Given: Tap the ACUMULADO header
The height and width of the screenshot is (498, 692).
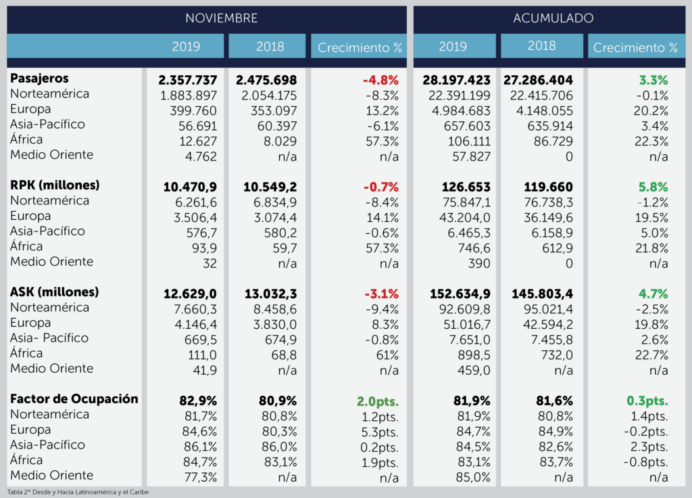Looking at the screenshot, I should [553, 18].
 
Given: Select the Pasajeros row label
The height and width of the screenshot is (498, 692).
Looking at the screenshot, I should [39, 79].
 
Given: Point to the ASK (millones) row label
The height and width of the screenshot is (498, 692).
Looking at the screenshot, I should [54, 293].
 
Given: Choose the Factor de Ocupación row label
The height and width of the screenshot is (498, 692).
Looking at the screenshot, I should [74, 399].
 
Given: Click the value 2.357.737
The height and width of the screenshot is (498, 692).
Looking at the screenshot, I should [188, 80].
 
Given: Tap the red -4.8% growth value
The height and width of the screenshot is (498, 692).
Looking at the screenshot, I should [380, 80].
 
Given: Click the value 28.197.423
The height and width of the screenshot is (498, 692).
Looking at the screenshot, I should [457, 80].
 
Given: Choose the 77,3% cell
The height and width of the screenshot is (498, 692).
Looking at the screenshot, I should [201, 477].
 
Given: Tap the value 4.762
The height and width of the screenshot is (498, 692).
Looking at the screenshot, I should [202, 156].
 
